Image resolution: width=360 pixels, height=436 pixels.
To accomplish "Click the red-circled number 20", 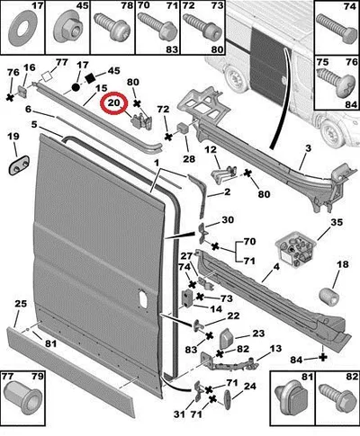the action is tap(113, 102).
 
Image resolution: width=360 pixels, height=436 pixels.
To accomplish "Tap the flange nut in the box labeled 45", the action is tap(68, 31).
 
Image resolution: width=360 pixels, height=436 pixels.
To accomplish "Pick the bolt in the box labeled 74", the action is tap(337, 30).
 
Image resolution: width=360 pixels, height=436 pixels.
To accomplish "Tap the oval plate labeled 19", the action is tap(19, 165).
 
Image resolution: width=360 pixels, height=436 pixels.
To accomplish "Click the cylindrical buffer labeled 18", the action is tap(328, 297).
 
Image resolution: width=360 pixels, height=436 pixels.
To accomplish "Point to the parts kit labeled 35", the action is tap(295, 251).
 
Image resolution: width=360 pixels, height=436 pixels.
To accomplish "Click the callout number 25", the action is tap(21, 304).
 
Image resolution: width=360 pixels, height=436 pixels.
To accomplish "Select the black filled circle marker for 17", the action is tap(76, 87).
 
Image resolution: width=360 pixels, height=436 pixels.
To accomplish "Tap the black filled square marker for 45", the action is tap(90, 78).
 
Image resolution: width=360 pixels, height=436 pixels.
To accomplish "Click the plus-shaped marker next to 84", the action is tap(323, 357).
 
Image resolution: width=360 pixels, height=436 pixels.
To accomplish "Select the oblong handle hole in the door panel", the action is tap(143, 298).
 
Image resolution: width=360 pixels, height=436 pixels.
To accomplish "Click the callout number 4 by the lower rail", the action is tap(276, 267).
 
